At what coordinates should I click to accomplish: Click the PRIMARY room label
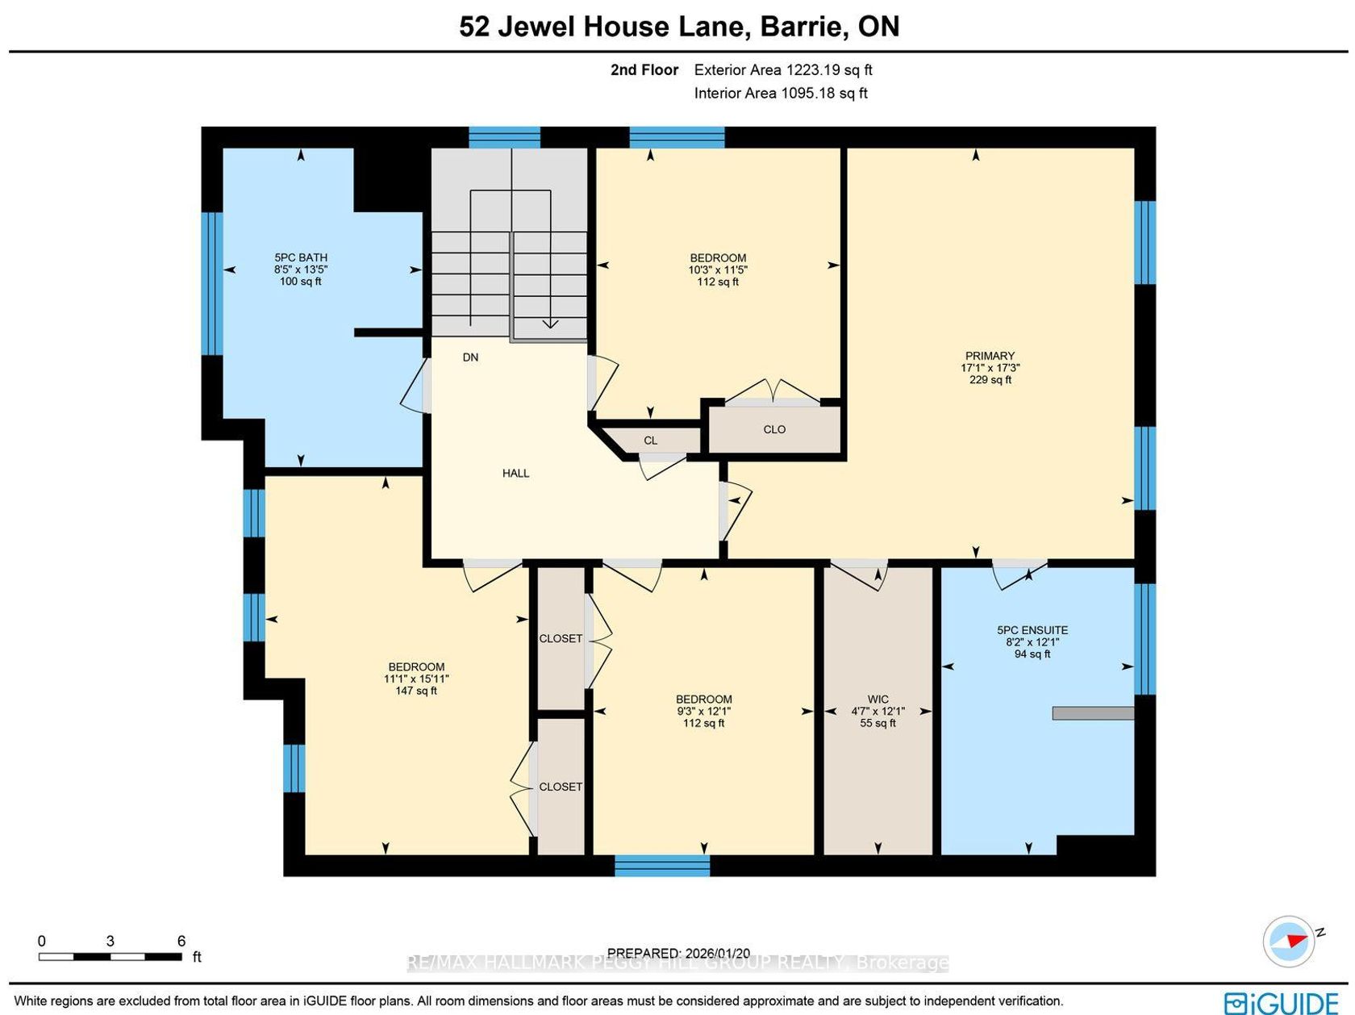(990, 356)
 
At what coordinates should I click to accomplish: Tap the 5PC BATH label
(301, 257)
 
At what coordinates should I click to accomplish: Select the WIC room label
(878, 699)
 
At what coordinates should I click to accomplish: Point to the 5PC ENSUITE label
(1032, 630)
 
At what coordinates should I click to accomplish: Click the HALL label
(515, 474)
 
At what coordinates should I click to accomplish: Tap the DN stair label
(470, 357)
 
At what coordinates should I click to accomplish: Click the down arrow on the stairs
(550, 324)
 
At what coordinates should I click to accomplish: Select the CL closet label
(651, 441)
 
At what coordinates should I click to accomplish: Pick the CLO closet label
(774, 430)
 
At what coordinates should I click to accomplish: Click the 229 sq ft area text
(990, 380)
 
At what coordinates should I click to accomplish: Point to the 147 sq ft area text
(416, 691)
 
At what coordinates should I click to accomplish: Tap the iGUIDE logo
(1281, 1001)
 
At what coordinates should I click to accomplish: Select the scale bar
(110, 957)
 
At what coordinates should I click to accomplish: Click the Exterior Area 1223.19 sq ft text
(782, 69)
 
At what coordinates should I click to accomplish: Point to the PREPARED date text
(678, 953)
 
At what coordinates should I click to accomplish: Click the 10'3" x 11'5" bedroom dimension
(718, 269)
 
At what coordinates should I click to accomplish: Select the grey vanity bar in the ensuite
(1093, 713)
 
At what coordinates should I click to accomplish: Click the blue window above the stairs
(504, 137)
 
